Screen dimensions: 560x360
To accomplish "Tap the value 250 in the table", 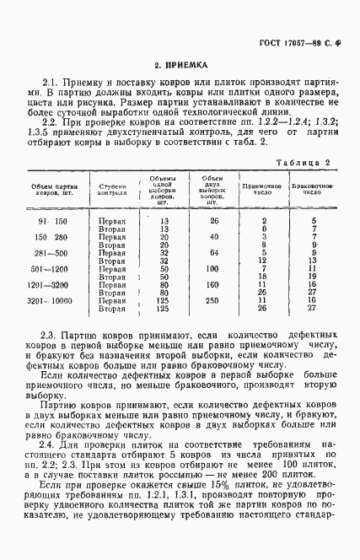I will (212, 300).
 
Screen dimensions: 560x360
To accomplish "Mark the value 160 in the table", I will (212, 285).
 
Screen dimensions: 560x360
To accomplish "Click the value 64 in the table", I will (212, 253).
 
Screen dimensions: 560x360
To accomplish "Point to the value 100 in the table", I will (212, 269).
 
